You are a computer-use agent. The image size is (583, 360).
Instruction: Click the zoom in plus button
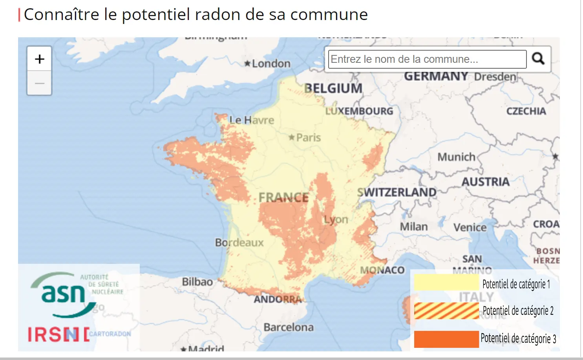pyautogui.click(x=39, y=59)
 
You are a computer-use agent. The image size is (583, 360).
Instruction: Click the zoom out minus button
pyautogui.click(x=39, y=83)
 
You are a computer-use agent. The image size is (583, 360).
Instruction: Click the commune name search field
pyautogui.click(x=427, y=59)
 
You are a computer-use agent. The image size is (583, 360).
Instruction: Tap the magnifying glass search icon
pyautogui.click(x=538, y=59)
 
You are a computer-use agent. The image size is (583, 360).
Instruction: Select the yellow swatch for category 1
pyautogui.click(x=446, y=283)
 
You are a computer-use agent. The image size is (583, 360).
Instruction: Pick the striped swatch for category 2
pyautogui.click(x=446, y=311)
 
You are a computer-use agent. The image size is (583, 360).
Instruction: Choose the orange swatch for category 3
pyautogui.click(x=446, y=339)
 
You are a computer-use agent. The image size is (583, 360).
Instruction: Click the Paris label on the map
pyautogui.click(x=308, y=138)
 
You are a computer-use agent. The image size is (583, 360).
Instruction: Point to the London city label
pyautogui.click(x=271, y=64)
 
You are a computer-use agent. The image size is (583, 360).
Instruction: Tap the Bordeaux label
pyautogui.click(x=239, y=243)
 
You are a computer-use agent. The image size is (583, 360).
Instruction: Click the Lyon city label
pyautogui.click(x=336, y=219)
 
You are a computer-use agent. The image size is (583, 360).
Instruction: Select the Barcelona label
pyautogui.click(x=289, y=327)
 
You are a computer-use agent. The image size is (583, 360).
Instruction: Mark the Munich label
pyautogui.click(x=456, y=157)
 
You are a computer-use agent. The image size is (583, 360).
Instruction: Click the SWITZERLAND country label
pyautogui.click(x=397, y=192)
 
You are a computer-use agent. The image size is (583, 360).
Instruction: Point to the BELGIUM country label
pyautogui.click(x=333, y=88)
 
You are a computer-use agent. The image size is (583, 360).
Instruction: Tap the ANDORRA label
pyautogui.click(x=278, y=300)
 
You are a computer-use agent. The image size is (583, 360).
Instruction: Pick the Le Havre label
pyautogui.click(x=252, y=120)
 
